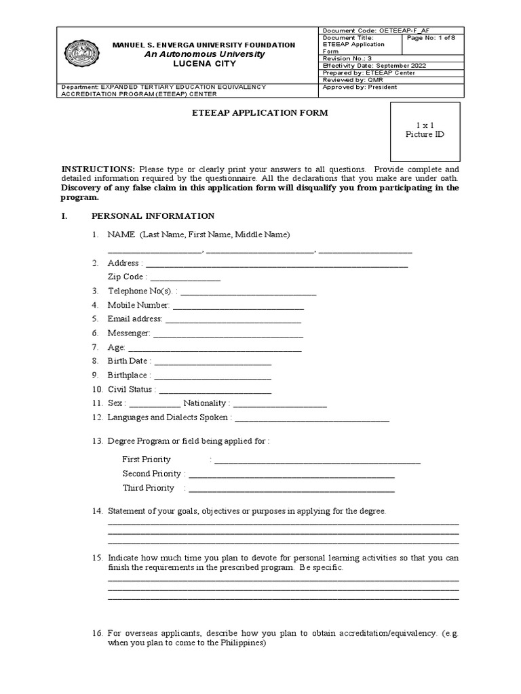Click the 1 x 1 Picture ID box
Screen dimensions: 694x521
425,130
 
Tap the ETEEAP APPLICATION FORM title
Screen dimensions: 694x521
261,113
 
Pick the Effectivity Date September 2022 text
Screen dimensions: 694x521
374,66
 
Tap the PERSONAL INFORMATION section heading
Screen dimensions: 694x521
153,216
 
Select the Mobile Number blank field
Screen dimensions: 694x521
239,306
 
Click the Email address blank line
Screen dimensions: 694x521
233,320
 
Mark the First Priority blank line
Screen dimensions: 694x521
317,461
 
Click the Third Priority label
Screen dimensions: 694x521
149,488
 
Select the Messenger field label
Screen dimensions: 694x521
128,333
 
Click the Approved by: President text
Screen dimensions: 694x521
360,87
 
